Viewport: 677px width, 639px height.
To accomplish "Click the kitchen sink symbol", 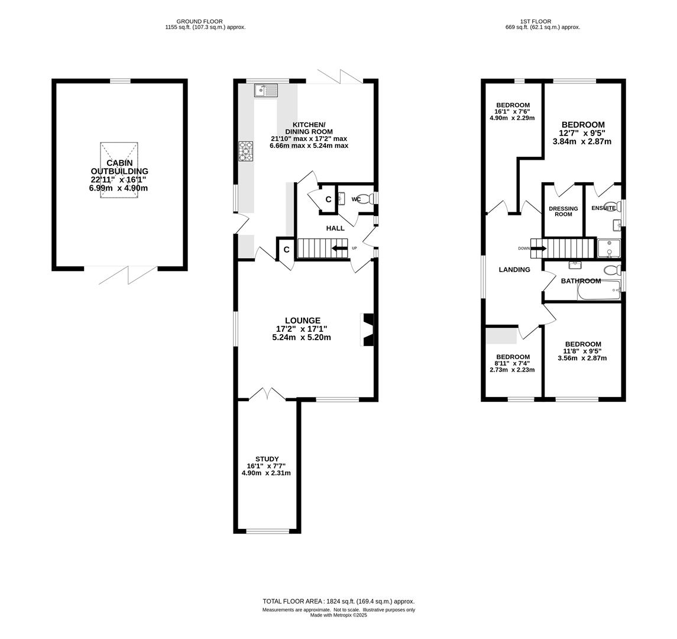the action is click(267, 91).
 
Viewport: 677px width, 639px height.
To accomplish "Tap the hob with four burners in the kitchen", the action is click(247, 151).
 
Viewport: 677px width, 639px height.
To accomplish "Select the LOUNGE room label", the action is click(303, 321).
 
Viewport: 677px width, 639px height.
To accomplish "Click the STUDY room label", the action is click(267, 459).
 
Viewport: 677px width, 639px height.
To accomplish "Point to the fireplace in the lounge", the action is click(367, 330).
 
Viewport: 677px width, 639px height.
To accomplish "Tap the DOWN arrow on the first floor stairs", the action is click(539, 249).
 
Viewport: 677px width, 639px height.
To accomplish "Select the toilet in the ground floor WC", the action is click(367, 199).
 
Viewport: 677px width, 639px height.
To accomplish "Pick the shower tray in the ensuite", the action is click(609, 248).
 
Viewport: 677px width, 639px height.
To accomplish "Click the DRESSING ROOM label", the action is click(563, 211).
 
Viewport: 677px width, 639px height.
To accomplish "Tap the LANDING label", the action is click(514, 270).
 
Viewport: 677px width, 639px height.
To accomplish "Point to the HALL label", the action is click(335, 228).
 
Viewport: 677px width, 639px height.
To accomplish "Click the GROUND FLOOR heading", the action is click(199, 21).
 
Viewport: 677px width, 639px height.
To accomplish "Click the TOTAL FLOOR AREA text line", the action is click(338, 601).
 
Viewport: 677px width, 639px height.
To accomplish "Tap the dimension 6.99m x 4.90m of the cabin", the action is click(118, 188).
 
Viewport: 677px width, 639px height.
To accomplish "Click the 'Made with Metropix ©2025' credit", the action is click(338, 615).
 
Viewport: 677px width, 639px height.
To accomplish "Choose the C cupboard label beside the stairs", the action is click(286, 250).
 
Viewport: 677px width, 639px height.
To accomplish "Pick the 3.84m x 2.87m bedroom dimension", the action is click(582, 141).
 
